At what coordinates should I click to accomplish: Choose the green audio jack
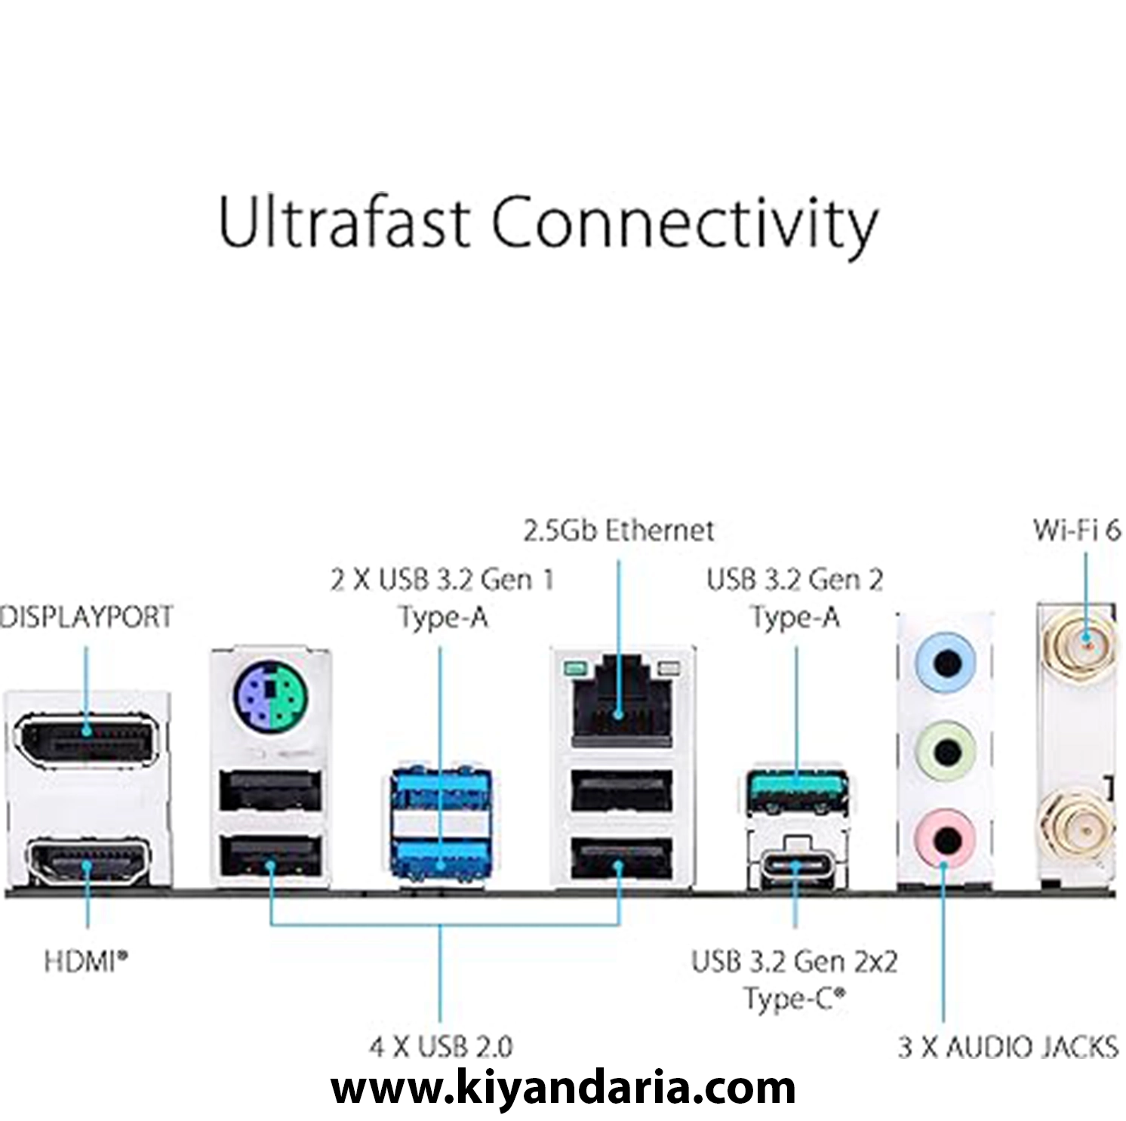[x=946, y=751]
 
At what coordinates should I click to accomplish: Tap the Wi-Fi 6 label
[x=1077, y=530]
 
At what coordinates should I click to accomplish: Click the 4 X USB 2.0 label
[x=441, y=1046]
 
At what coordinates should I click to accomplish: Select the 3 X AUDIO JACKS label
[x=1008, y=1047]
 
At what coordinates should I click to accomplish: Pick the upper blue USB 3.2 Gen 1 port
[x=441, y=790]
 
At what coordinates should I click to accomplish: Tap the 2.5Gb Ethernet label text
[x=618, y=530]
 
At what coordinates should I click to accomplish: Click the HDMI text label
[x=85, y=961]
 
